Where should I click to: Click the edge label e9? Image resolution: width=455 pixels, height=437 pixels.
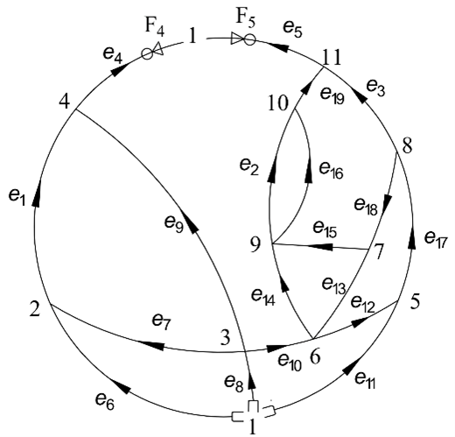174,224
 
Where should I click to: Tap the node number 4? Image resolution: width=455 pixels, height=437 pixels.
65,102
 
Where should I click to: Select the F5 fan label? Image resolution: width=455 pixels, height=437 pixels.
245,18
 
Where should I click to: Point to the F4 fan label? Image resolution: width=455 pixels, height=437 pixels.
155,27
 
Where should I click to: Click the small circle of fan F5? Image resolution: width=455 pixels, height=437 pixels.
249,39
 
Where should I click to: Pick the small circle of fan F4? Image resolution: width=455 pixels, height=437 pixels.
147,53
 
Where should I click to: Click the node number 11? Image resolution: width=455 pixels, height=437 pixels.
332,58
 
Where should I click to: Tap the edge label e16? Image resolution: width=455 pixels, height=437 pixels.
331,170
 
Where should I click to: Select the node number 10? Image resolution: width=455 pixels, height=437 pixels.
278,103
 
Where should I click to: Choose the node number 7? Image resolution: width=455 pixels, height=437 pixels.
379,252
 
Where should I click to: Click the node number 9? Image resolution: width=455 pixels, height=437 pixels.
255,244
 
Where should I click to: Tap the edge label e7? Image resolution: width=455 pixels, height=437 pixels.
162,321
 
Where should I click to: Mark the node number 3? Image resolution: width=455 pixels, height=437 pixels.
225,338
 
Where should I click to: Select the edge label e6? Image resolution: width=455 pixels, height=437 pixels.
105,401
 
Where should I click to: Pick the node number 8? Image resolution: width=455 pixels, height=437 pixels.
407,145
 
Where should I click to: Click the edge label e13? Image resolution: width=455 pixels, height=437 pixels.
333,285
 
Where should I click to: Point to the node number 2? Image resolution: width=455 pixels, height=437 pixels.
35,309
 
